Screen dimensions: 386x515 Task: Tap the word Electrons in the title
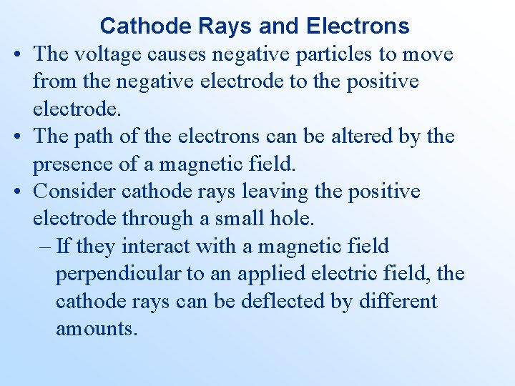358,26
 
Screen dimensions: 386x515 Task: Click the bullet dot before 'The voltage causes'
15,54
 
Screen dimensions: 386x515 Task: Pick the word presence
77,164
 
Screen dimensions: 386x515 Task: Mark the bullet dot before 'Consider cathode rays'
15,192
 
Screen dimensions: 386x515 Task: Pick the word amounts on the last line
96,330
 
